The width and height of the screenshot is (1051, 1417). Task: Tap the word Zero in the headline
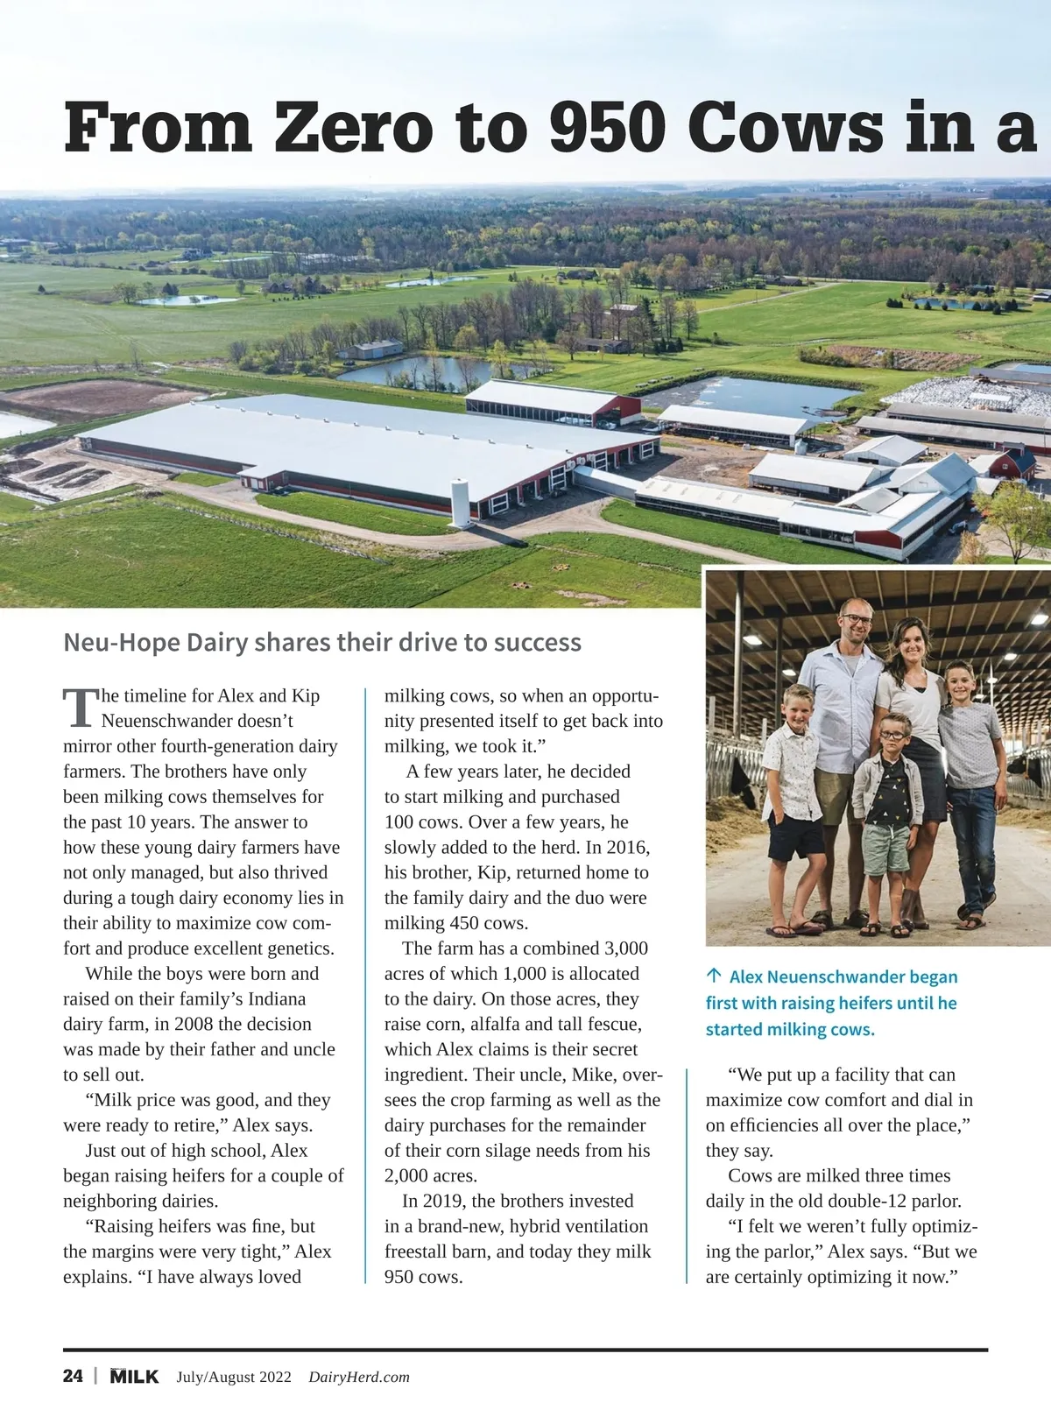pyautogui.click(x=353, y=128)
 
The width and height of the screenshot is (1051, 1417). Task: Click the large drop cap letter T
pyautogui.click(x=80, y=708)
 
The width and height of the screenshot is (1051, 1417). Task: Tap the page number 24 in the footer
pyautogui.click(x=73, y=1376)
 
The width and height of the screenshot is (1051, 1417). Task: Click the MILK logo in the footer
pyautogui.click(x=134, y=1376)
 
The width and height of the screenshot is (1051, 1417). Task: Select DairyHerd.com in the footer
pyautogui.click(x=359, y=1377)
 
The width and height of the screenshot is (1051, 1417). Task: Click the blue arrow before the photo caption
pyautogui.click(x=714, y=976)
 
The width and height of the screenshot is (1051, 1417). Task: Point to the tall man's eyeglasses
pyautogui.click(x=856, y=619)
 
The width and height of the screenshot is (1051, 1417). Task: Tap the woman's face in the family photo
pyautogui.click(x=913, y=645)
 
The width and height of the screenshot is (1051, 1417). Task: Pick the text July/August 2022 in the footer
pyautogui.click(x=234, y=1377)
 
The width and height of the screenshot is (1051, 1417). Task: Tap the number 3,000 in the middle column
pyautogui.click(x=626, y=948)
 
